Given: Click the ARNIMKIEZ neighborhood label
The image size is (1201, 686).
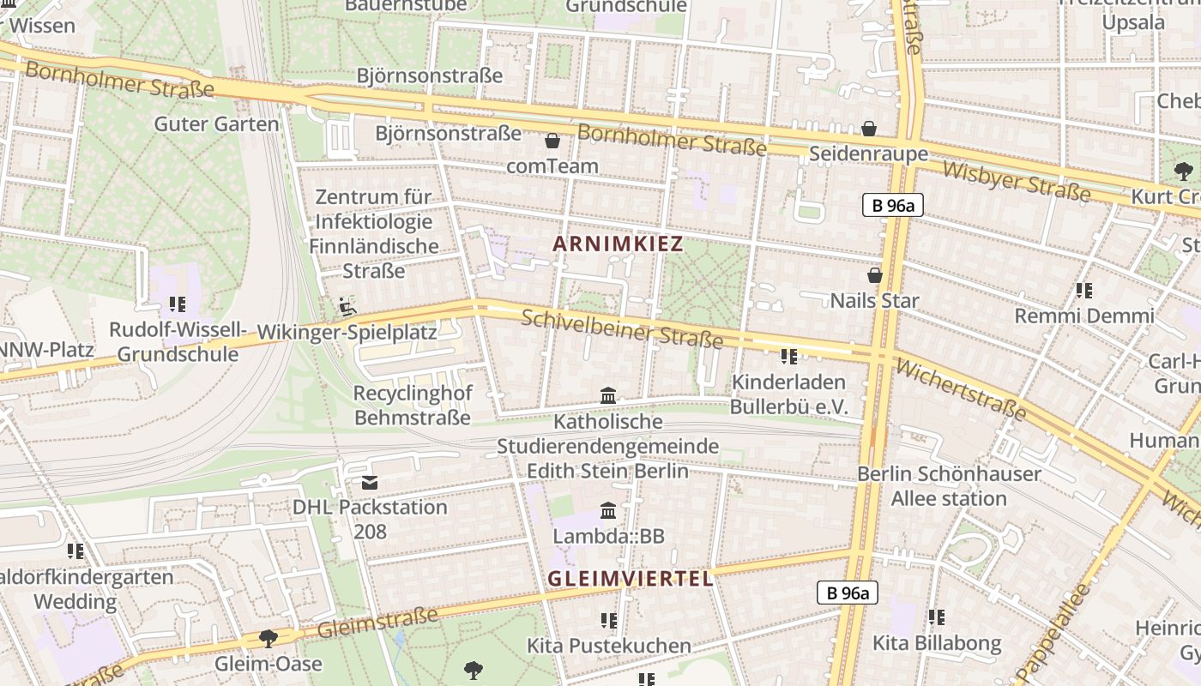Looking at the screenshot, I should (618, 244).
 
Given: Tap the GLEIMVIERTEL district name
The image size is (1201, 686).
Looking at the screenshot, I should (631, 579).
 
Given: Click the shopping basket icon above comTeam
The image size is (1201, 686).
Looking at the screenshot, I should (552, 140).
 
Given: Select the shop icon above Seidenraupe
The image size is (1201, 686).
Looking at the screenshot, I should (869, 129).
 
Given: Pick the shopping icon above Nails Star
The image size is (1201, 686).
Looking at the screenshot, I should (874, 275).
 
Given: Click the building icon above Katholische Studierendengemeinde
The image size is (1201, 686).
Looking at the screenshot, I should (608, 395).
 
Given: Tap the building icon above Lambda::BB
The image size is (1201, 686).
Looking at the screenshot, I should (608, 511).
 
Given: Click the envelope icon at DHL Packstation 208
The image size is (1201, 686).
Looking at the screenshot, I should (370, 483).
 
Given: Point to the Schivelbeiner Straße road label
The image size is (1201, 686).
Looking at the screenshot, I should (622, 328).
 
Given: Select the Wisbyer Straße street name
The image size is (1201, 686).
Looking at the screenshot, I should (1016, 182).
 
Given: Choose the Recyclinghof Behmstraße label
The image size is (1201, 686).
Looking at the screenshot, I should (412, 405).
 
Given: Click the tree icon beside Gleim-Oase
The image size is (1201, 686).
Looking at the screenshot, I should (269, 638).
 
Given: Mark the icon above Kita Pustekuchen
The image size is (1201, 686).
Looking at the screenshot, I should (608, 620).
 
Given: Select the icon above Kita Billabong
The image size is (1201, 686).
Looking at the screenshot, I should (936, 617).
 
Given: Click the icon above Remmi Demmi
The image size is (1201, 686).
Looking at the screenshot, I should (1083, 291).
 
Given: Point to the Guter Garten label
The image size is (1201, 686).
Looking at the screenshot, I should (216, 123).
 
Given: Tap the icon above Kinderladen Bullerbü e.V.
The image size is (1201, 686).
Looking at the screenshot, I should (788, 356).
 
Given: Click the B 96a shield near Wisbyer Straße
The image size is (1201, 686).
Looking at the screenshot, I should (892, 205).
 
